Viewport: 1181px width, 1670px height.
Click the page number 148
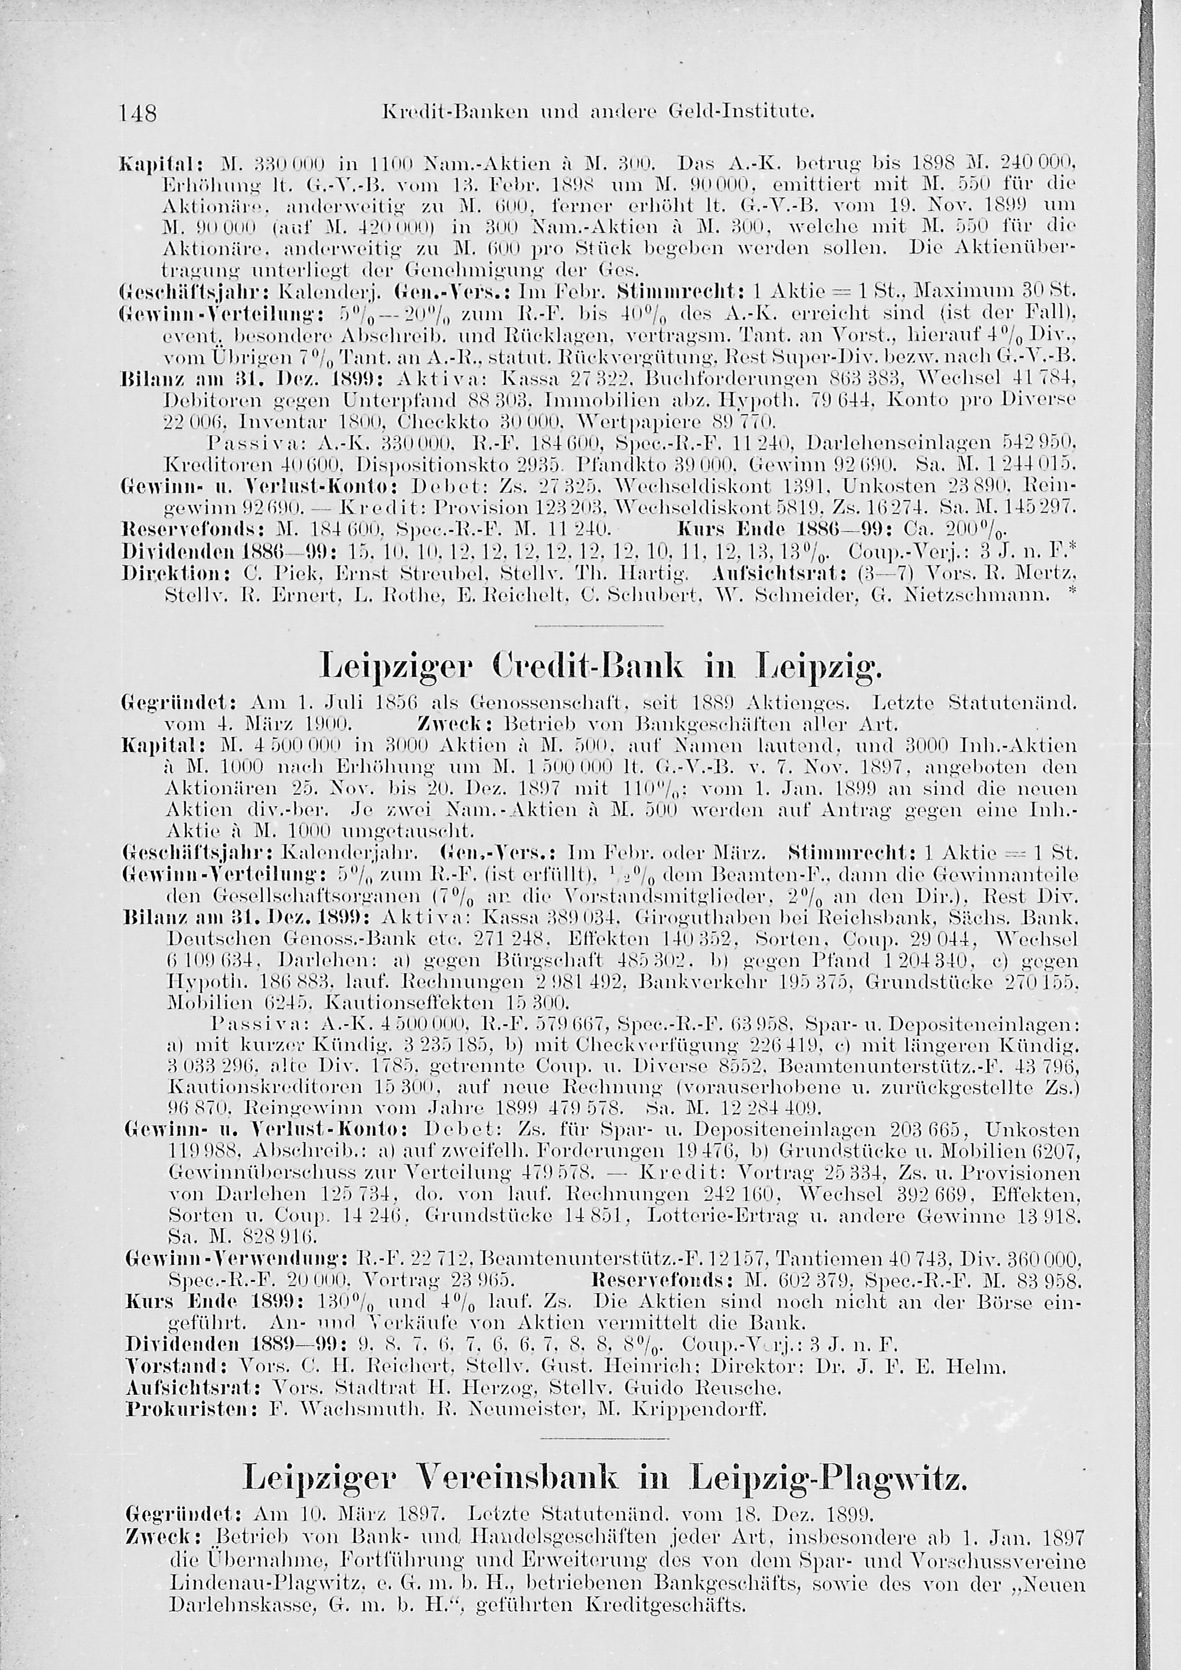tap(138, 113)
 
